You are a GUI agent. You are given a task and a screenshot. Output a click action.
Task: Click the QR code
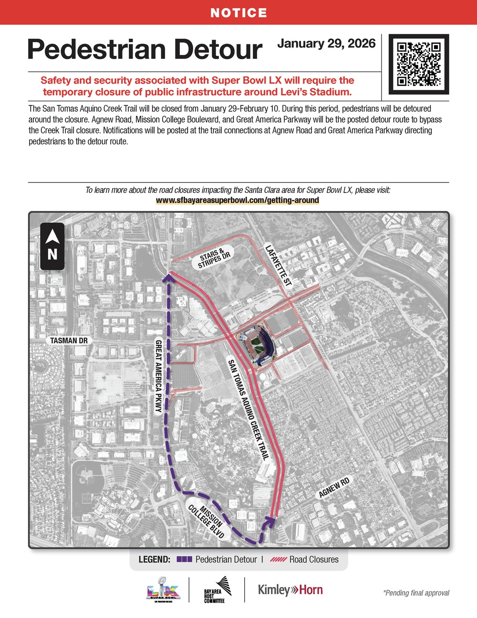point(418,64)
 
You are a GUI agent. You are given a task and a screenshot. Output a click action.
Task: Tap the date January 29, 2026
point(326,43)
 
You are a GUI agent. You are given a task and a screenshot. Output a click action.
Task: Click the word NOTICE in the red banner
point(238,13)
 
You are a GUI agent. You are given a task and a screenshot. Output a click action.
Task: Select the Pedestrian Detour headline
point(145,50)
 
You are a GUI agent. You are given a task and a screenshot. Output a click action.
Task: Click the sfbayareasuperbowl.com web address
point(237,200)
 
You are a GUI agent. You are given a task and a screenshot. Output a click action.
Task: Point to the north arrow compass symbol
point(52,246)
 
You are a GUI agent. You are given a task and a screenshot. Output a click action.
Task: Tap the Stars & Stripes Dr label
point(215,258)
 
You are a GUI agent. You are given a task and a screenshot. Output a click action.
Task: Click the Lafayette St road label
point(278,265)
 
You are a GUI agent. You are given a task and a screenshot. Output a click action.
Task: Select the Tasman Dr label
point(69,341)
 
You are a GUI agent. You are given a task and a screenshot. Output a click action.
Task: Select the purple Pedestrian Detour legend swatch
point(184,559)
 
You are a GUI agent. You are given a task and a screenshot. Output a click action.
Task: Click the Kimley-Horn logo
point(290,590)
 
